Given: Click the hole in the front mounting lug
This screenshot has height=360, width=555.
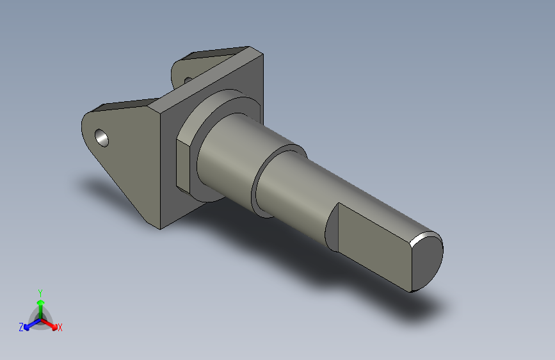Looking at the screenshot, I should point(102,136).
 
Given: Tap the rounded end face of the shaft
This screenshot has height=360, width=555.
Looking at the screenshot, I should point(428,261).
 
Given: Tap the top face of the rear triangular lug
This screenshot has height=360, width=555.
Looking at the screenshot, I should point(211,54).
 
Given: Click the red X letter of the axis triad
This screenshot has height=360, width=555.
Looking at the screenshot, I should point(60,328).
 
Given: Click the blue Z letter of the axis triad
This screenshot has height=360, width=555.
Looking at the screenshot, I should point(20,327).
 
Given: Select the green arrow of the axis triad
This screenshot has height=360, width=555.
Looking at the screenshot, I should point(40,304).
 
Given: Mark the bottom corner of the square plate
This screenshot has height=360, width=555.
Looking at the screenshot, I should point(159,227).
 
